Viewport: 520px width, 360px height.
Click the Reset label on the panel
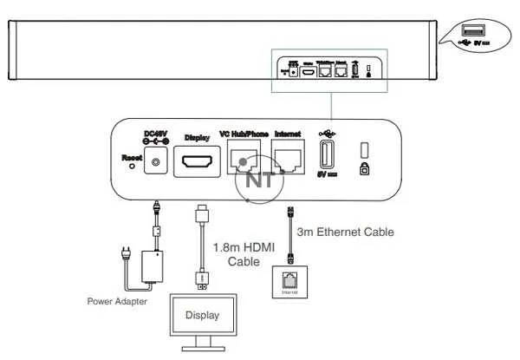click(x=132, y=157)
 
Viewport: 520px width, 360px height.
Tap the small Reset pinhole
click(x=132, y=167)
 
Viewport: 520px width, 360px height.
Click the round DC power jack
click(x=157, y=161)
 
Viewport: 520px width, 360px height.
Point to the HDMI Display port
click(x=198, y=160)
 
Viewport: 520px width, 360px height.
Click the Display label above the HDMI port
click(x=198, y=138)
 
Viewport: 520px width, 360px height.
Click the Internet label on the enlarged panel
click(x=287, y=134)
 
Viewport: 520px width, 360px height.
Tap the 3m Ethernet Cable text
click(x=345, y=232)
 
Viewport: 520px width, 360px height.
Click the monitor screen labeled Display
click(x=201, y=315)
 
